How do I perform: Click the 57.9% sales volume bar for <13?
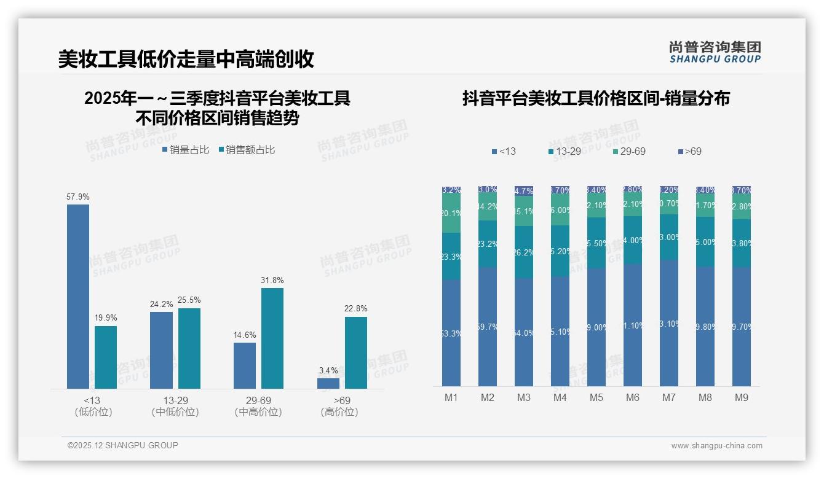click(x=78, y=296)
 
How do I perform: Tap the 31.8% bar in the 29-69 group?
click(x=272, y=338)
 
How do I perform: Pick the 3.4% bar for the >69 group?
click(x=328, y=383)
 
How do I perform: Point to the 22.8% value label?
click(x=355, y=309)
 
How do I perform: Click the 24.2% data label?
click(x=161, y=304)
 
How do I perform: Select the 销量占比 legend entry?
click(x=186, y=150)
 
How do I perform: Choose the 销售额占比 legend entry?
click(x=247, y=150)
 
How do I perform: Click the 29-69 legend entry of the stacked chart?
click(x=629, y=151)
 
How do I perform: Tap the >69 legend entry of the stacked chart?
click(x=689, y=151)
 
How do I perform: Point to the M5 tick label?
click(x=596, y=397)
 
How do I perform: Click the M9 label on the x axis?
click(x=742, y=397)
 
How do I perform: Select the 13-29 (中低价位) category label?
click(x=175, y=406)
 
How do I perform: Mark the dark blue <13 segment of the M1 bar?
click(x=451, y=333)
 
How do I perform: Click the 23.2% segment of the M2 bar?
click(x=488, y=244)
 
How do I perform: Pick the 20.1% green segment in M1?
click(x=451, y=213)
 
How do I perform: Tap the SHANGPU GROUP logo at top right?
click(x=715, y=52)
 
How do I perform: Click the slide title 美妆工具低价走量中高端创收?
click(x=186, y=59)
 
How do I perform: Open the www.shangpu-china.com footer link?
click(x=716, y=446)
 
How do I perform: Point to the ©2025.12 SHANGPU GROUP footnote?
click(x=123, y=445)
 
